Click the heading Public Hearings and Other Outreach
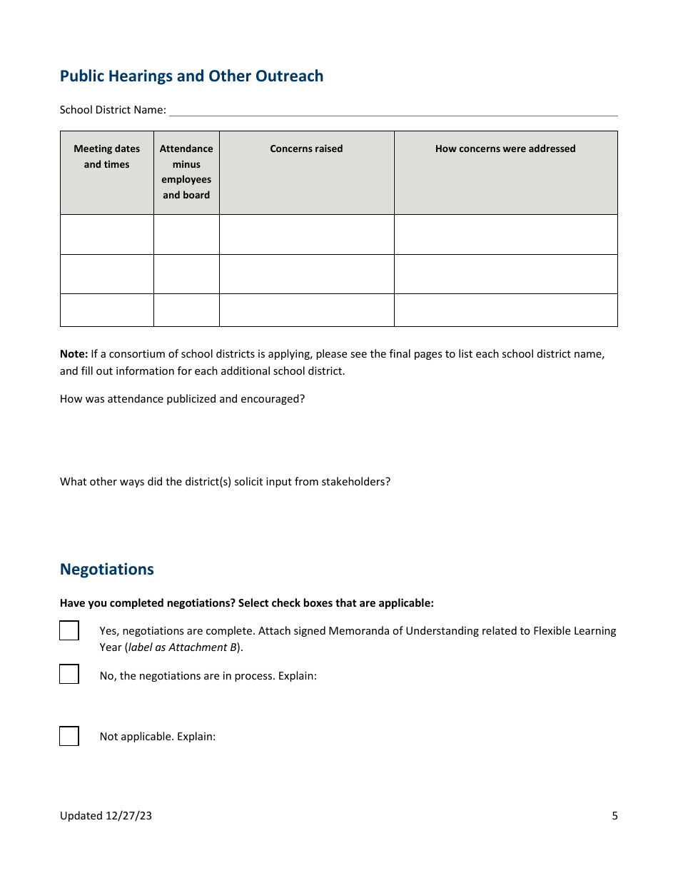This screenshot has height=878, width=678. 191,76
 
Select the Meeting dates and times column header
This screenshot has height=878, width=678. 107,157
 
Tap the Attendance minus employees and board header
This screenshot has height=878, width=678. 186,172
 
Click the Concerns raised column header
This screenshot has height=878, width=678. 306,149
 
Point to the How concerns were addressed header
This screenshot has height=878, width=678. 505,149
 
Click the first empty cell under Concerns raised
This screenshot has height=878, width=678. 306,234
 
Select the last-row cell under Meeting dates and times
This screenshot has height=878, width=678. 107,310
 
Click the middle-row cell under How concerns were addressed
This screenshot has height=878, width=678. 505,274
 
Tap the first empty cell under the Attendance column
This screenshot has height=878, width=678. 186,234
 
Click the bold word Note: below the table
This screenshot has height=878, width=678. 74,354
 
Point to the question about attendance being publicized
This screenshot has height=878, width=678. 182,399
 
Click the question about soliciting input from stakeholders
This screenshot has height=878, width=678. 225,482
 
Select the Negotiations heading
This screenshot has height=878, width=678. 107,570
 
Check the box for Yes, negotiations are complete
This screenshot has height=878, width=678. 69,631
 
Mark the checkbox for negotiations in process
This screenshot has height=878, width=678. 69,675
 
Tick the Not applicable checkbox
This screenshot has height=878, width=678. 69,736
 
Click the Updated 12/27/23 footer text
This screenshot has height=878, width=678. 106,816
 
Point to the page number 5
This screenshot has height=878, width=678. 614,816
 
